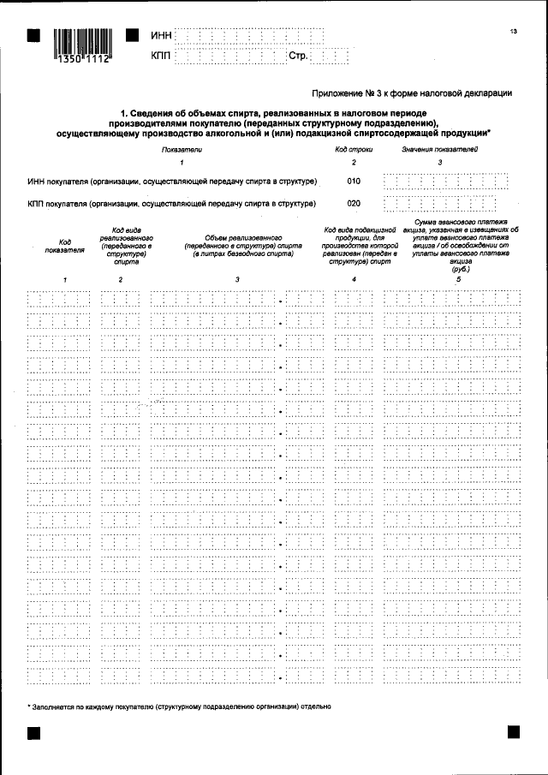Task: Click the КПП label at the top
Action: [x=160, y=56]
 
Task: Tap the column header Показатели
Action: [x=182, y=150]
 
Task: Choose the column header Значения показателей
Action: [x=440, y=150]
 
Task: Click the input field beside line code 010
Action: [x=445, y=181]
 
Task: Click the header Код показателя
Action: [x=65, y=246]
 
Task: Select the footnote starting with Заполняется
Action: [x=181, y=707]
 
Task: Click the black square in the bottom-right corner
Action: [x=514, y=732]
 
